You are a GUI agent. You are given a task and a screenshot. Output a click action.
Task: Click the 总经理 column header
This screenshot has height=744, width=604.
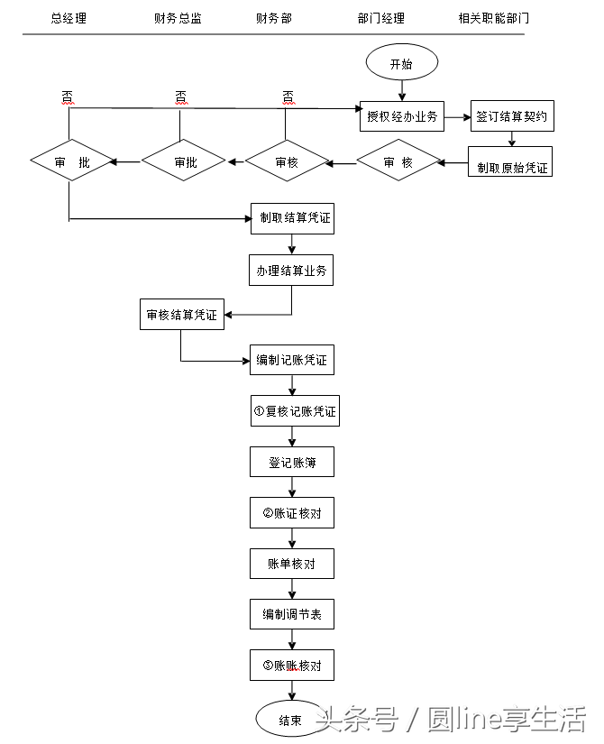tap(69, 17)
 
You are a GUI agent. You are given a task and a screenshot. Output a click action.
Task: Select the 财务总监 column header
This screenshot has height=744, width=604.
tap(178, 17)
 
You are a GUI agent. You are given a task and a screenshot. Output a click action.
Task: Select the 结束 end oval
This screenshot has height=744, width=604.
tap(290, 720)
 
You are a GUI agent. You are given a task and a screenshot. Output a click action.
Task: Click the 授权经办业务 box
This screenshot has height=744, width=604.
tap(402, 116)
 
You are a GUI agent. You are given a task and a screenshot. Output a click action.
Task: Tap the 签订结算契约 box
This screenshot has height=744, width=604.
tap(511, 116)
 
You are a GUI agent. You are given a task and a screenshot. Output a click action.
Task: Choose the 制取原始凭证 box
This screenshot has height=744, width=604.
tap(510, 168)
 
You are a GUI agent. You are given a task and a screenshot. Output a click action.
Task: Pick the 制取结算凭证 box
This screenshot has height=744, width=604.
tap(291, 218)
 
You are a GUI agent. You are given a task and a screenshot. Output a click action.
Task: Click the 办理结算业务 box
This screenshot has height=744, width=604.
tap(291, 270)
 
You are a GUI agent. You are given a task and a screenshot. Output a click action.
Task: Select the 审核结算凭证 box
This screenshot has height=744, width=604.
tap(181, 315)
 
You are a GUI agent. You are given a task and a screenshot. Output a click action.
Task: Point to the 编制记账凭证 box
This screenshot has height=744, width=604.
tap(291, 360)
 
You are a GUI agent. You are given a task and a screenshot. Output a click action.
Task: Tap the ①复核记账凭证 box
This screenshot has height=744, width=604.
tap(295, 411)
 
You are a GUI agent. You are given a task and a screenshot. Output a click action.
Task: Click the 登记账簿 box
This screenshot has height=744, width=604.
tap(291, 463)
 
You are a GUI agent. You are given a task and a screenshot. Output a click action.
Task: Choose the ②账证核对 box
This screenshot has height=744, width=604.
tap(291, 513)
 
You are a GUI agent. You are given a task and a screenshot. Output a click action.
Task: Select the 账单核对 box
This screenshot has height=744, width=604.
tap(291, 565)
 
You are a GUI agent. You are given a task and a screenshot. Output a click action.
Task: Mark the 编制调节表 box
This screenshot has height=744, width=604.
tap(291, 615)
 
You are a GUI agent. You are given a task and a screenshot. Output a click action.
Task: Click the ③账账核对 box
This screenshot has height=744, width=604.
tap(291, 666)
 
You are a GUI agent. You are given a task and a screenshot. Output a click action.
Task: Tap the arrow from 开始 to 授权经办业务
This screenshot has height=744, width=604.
tap(402, 89)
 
